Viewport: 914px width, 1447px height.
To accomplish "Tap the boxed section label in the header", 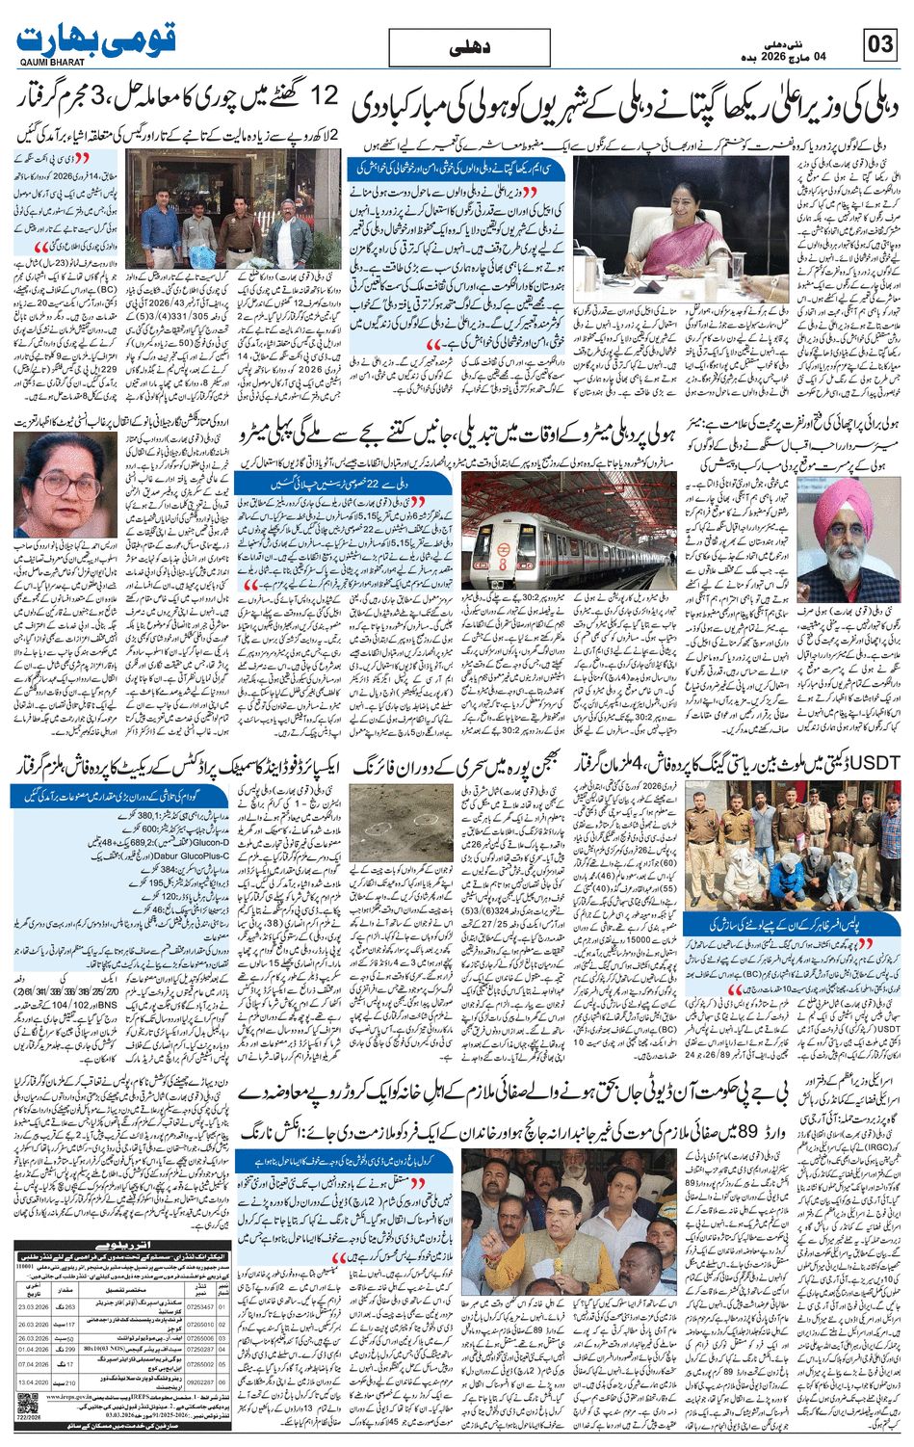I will (471, 47).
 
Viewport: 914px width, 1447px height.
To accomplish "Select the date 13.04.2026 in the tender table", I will (33, 1383).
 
